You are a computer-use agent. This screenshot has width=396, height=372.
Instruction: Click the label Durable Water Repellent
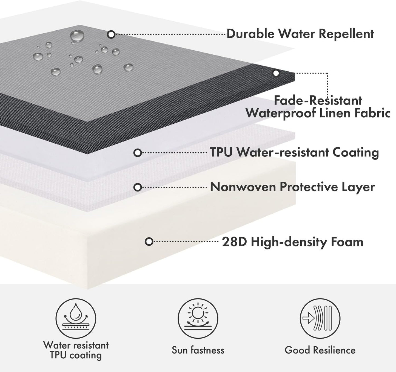[300, 34]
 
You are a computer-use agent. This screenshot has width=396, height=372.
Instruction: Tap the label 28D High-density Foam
[292, 242]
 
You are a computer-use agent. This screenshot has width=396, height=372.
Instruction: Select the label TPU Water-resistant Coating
[294, 153]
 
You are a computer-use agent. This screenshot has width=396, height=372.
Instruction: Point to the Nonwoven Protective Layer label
[292, 187]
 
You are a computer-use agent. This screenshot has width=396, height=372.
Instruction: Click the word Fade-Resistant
[318, 100]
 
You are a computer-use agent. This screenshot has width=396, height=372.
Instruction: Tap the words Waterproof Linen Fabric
[318, 113]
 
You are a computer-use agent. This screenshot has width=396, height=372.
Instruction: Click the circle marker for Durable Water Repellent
[111, 35]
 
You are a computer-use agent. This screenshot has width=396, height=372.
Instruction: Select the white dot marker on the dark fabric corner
[276, 74]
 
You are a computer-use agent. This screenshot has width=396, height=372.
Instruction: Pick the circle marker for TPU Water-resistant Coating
[138, 153]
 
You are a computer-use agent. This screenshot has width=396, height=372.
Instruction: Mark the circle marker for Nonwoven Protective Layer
[138, 187]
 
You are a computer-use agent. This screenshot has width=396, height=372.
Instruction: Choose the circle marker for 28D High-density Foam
[149, 242]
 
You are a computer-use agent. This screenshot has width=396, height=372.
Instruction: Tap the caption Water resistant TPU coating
[76, 350]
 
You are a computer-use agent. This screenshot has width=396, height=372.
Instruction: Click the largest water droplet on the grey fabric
[77, 36]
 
